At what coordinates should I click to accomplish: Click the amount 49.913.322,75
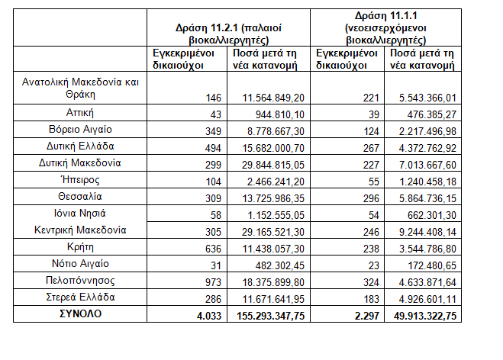pos(422,314)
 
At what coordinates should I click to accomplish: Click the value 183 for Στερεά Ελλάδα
pos(369,297)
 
